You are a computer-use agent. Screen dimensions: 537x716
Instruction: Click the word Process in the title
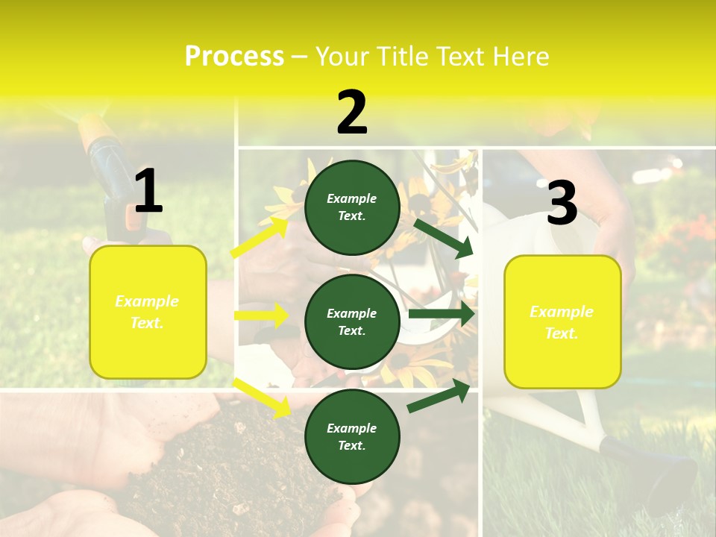click(234, 56)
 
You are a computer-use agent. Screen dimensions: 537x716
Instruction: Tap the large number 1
click(148, 191)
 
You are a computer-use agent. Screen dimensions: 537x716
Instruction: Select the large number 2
click(352, 113)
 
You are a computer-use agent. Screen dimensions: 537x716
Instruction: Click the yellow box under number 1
click(148, 312)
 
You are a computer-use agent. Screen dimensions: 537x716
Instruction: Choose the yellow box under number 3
click(562, 322)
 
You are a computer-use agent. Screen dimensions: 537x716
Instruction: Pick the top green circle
click(352, 207)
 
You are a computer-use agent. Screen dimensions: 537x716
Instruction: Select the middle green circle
click(352, 322)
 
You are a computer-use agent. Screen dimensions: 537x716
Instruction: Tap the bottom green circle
click(352, 437)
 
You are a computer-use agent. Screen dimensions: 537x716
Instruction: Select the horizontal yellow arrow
click(261, 315)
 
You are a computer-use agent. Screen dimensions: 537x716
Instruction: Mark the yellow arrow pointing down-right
click(262, 398)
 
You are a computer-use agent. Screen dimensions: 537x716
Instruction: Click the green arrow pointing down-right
click(445, 237)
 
